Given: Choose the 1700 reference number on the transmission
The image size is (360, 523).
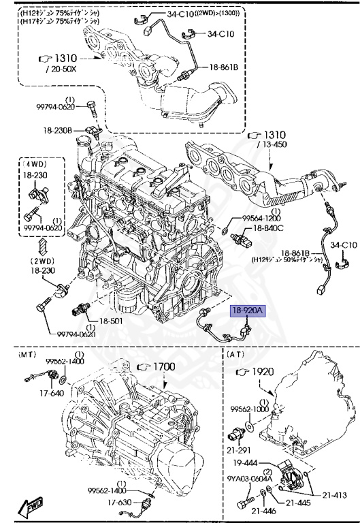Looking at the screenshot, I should (161, 366).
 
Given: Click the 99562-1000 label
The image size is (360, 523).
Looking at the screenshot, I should (250, 409).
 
